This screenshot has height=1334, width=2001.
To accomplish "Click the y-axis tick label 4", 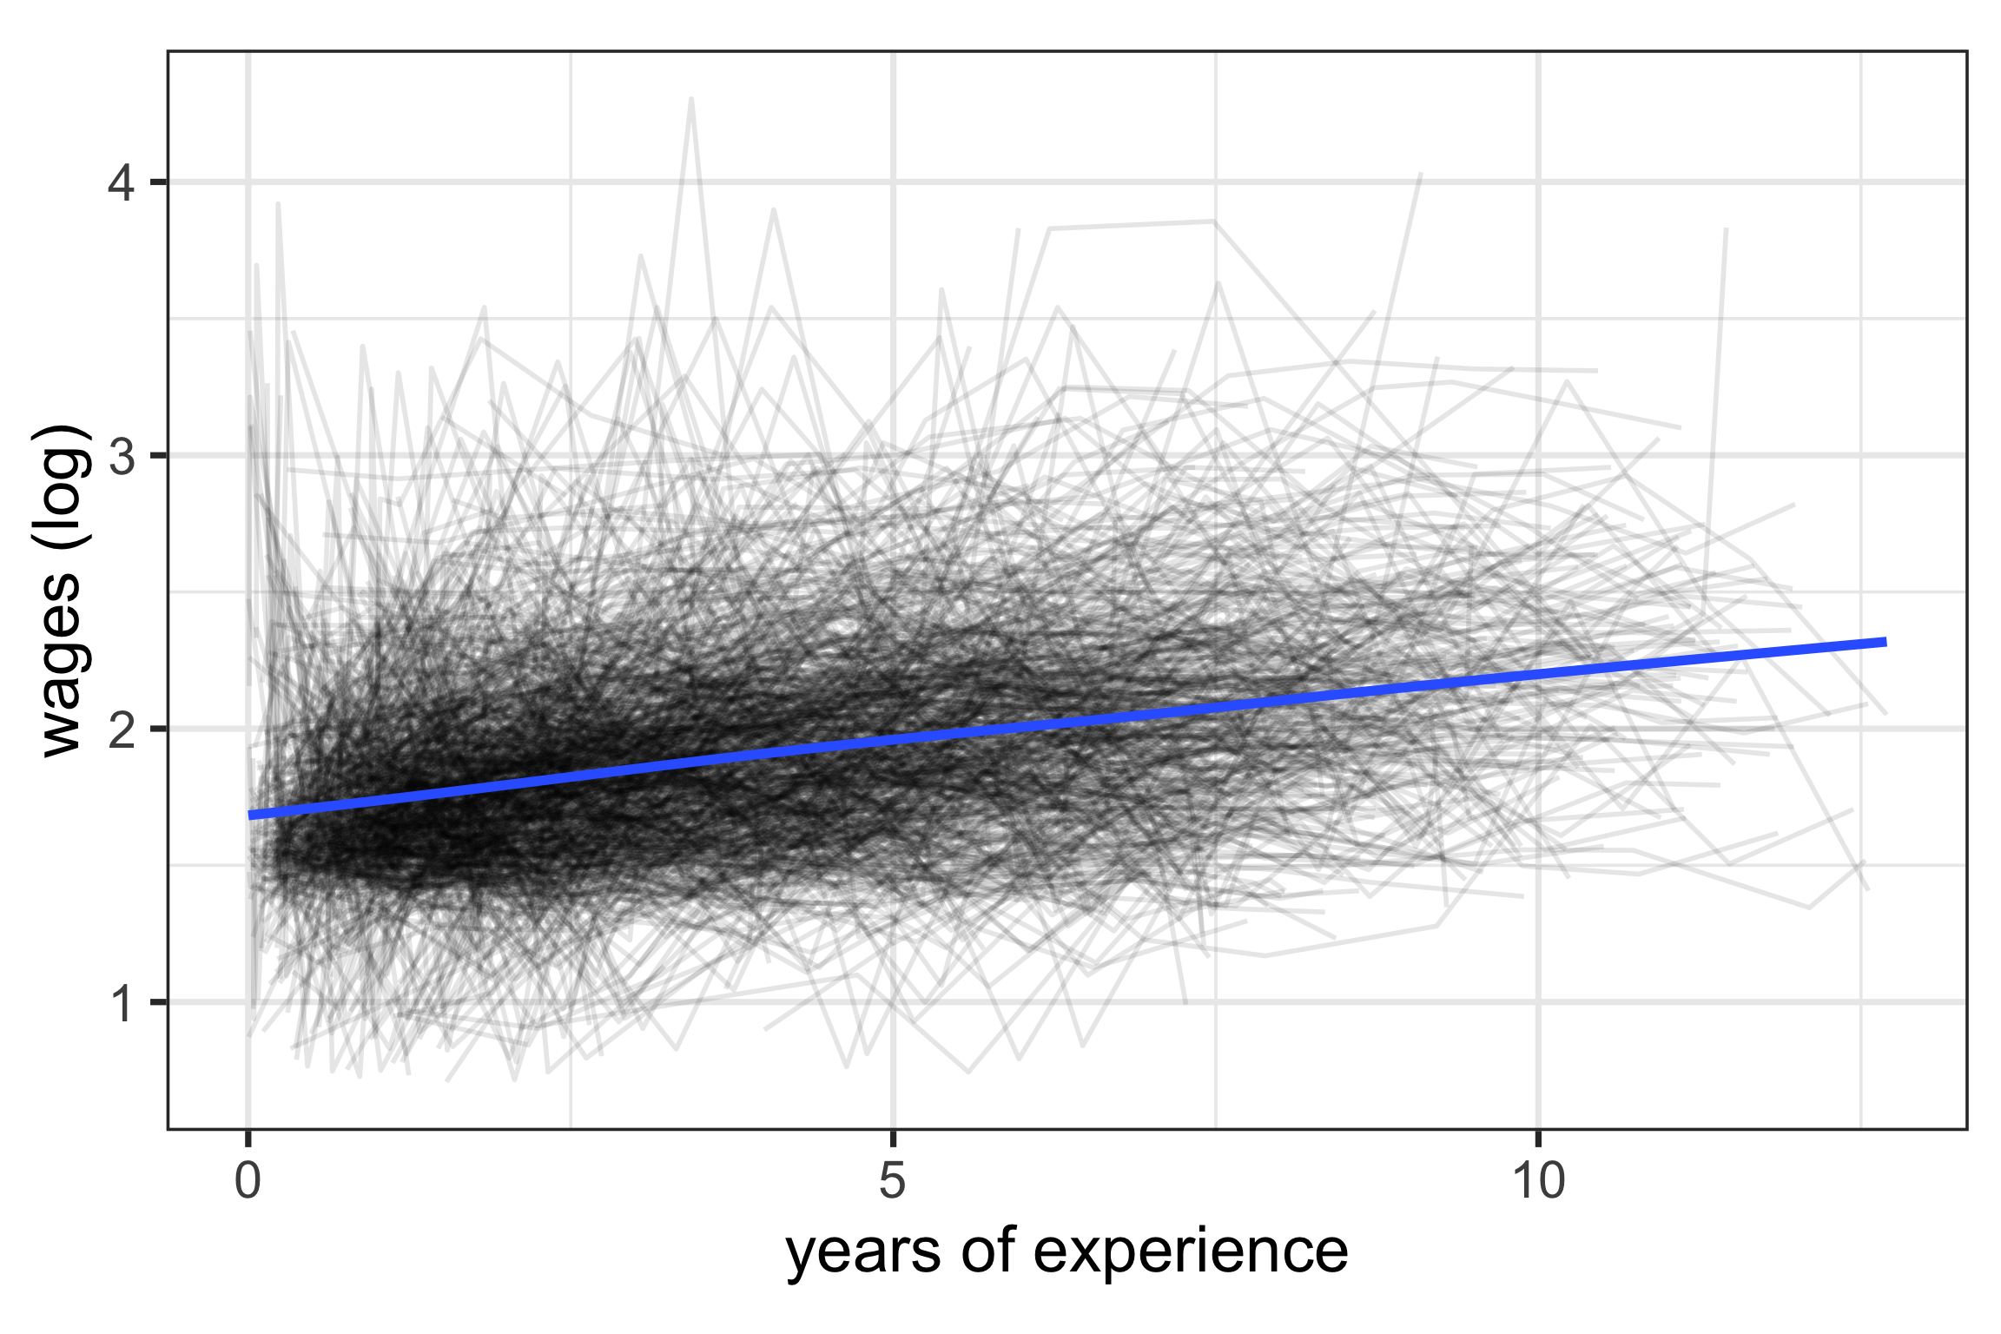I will [122, 183].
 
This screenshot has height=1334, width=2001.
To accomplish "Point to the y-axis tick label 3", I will [122, 456].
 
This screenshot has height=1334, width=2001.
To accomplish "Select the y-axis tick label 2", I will [122, 730].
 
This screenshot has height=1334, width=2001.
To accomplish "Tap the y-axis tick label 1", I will [122, 1003].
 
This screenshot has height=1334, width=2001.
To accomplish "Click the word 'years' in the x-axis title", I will [863, 1253].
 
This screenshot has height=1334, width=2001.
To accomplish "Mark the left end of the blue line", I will [250, 816].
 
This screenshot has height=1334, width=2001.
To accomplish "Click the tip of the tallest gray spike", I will [691, 98].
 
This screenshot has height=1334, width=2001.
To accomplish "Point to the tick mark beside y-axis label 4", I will [158, 182].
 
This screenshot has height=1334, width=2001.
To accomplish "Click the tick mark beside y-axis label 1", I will [158, 1002].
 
